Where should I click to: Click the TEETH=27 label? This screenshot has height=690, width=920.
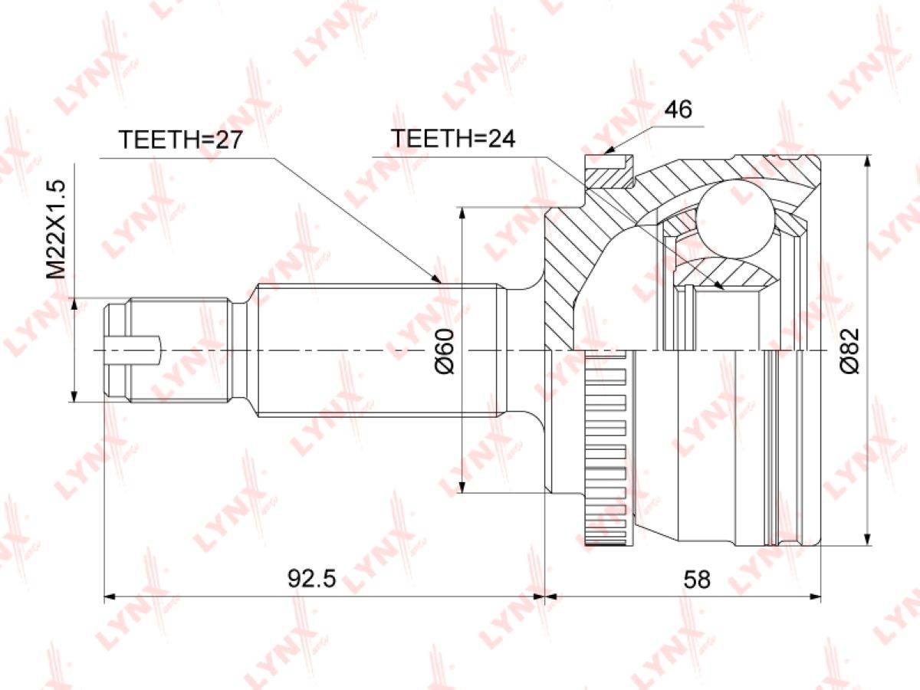point(181,140)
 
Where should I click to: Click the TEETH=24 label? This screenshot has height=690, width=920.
point(453,139)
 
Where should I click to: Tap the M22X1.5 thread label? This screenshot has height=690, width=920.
point(56,229)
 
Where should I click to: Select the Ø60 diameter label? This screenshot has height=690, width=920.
point(444,351)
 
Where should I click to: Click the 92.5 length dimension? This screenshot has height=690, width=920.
point(312,580)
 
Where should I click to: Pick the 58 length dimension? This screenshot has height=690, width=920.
point(697,580)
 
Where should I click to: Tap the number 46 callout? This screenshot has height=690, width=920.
point(678,110)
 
